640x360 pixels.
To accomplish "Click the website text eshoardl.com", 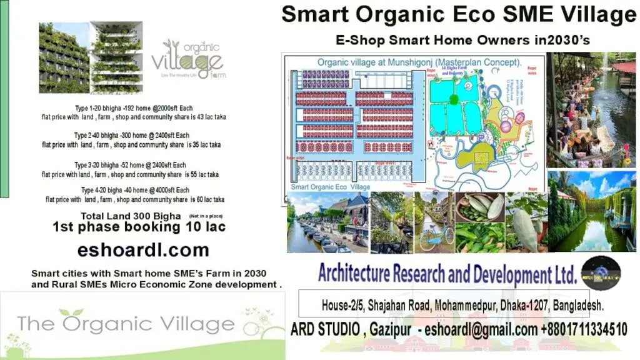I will pos(143,251).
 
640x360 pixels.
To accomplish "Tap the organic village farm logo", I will pos(188,59).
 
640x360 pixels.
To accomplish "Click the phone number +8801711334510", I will pos(576,329).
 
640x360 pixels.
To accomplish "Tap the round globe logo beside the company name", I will pos(601,273).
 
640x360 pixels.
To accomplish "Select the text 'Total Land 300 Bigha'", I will pos(134,215).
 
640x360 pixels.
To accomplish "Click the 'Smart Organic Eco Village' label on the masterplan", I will pos(331,186).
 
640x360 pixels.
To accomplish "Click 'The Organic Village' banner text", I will pos(126,324).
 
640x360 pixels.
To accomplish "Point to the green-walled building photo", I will pos(90,57).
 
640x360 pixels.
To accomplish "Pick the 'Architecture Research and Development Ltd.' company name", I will pos(447,274).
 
